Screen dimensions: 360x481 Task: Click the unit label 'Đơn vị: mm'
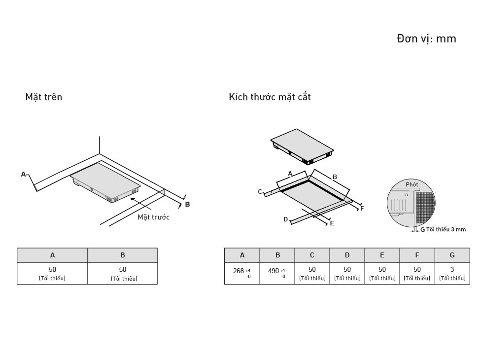[x=426, y=38]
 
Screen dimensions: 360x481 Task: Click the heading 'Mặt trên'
[x=44, y=97]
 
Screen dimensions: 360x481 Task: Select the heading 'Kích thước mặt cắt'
[x=270, y=97]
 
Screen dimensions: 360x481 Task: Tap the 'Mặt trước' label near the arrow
[x=153, y=217]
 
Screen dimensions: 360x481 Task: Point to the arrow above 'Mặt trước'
[x=140, y=204]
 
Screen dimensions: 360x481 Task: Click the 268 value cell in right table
[x=242, y=273]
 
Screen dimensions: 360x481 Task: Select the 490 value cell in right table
[x=277, y=273]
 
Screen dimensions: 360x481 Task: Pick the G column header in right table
[x=452, y=255]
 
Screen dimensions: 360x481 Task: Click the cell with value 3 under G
[x=452, y=273]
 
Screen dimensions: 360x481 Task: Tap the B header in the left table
[x=122, y=255]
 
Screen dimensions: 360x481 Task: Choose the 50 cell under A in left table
[x=52, y=273]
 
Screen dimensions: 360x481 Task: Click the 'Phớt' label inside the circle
[x=412, y=184]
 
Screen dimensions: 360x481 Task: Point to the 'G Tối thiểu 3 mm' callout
[x=442, y=229]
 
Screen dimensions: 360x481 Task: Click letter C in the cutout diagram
[x=260, y=192]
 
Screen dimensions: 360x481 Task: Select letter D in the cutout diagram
[x=285, y=219]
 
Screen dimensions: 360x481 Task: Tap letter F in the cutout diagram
[x=362, y=209]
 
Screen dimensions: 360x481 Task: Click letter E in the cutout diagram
[x=332, y=223]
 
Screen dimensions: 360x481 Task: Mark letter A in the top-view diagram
[x=23, y=174]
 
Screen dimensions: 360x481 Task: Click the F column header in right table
[x=417, y=255]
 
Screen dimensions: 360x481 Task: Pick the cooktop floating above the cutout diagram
[x=302, y=145]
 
